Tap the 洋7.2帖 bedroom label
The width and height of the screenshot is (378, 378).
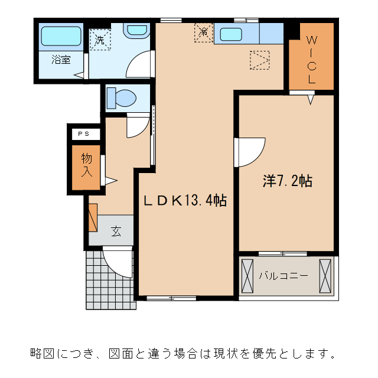click(x=287, y=181)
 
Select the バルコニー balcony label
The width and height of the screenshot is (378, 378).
click(x=283, y=275)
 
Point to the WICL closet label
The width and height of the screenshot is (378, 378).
click(x=311, y=59)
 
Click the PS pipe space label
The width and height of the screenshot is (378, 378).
click(x=81, y=135)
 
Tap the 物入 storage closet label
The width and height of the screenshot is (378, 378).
click(x=86, y=166)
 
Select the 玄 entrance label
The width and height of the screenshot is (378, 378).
click(x=116, y=231)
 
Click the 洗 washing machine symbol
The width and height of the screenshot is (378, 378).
click(x=100, y=40)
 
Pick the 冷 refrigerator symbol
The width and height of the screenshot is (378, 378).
click(x=203, y=32)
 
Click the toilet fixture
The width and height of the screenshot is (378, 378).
click(x=122, y=97)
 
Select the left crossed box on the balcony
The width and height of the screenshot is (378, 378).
click(x=247, y=275)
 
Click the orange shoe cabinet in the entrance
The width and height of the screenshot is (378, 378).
click(x=93, y=217)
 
